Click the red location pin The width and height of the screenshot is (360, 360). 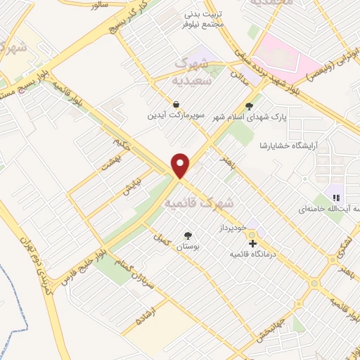[x=181, y=165]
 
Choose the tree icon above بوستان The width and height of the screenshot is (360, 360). [x=188, y=236]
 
